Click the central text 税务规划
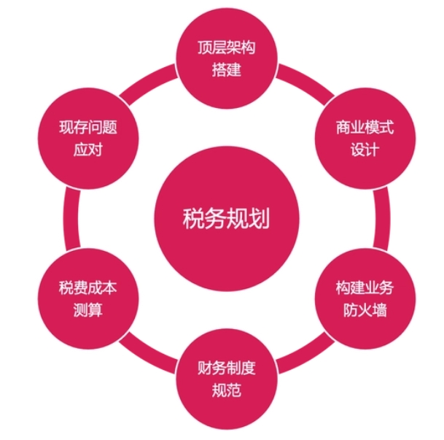[226, 218]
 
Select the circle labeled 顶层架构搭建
[227, 58]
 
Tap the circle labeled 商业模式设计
[365, 139]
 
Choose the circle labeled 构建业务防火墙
[365, 298]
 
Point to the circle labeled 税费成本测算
[88, 298]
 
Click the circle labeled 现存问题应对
[88, 139]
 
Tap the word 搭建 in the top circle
[227, 70]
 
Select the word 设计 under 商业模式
[365, 150]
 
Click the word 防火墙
[365, 310]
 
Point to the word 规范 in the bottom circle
[227, 390]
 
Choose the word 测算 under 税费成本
[88, 310]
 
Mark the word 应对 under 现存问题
[88, 150]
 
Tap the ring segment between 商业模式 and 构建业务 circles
[382, 218]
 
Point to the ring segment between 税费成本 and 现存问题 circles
[71, 218]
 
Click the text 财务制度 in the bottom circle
[227, 368]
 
